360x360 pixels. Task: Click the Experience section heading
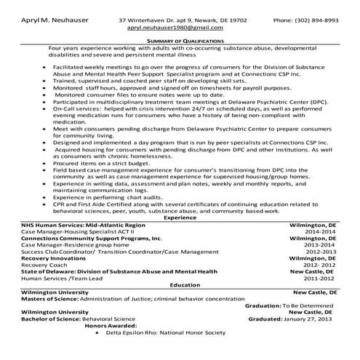179,217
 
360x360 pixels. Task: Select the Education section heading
179,285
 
